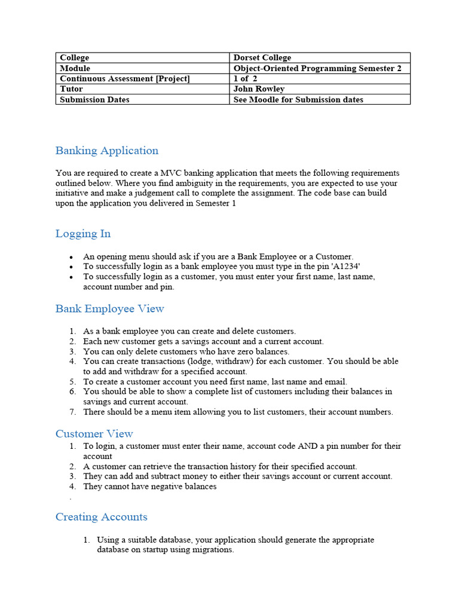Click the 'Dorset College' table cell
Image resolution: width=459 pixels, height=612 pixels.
[262, 58]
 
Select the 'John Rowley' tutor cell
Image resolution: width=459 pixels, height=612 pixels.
[259, 89]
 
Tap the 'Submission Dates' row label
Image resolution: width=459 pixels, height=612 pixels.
[94, 100]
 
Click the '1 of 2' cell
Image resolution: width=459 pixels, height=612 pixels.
[245, 79]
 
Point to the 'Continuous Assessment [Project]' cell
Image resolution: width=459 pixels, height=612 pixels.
[124, 79]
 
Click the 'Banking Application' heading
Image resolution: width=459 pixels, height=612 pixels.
[107, 151]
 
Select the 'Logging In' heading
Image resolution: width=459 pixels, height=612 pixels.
[83, 234]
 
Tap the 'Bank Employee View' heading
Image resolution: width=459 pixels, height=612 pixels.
[109, 309]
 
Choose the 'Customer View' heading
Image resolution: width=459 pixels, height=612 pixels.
[94, 434]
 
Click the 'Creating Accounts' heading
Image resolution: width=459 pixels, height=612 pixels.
[101, 517]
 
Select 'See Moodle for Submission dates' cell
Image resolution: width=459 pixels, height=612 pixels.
[298, 100]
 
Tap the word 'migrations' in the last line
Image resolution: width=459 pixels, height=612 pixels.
[213, 550]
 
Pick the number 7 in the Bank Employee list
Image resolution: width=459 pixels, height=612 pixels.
[72, 412]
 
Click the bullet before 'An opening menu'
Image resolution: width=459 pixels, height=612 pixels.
[71, 257]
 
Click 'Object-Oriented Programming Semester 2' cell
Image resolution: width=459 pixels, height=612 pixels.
[317, 69]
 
